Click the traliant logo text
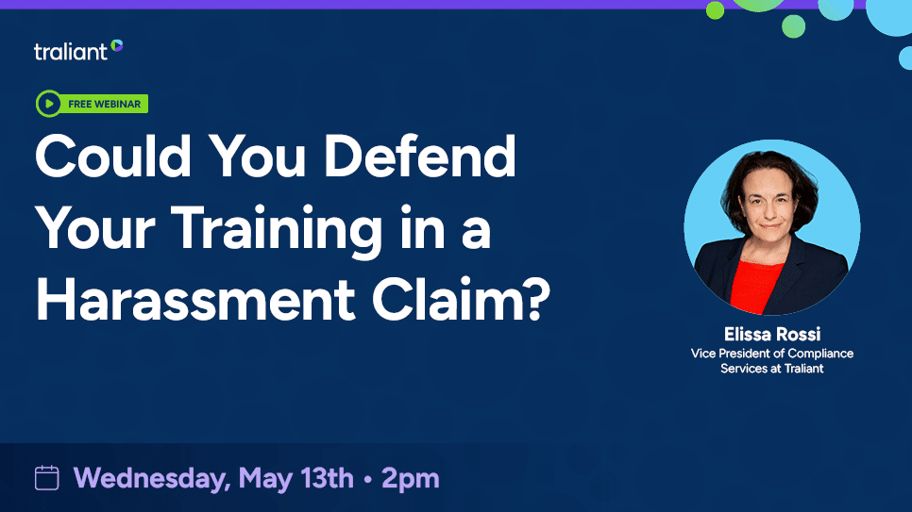tap(71, 51)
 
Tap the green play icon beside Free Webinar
tap(47, 104)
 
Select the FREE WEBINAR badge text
tap(105, 104)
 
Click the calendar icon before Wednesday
tap(47, 478)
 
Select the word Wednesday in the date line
tap(151, 478)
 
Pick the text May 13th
tap(296, 478)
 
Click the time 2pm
tap(411, 478)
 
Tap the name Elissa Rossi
tap(772, 335)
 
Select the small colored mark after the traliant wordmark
tap(117, 44)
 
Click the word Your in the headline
tap(92, 229)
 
